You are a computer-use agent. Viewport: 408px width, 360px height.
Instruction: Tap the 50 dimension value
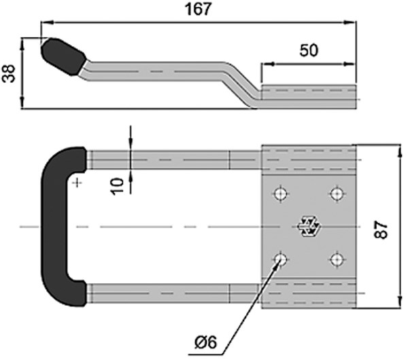click(309, 51)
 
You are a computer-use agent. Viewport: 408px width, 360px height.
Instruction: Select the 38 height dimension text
click(10, 73)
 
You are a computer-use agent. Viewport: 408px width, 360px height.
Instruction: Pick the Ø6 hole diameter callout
click(204, 342)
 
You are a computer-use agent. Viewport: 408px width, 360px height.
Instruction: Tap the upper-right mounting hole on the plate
click(335, 194)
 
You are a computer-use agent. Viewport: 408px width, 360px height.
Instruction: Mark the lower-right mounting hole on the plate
click(335, 258)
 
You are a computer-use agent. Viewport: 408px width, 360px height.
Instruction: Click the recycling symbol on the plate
click(308, 227)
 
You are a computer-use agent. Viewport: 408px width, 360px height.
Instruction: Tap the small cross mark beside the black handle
click(79, 181)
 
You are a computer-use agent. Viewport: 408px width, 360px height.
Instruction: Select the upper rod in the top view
click(170, 160)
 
